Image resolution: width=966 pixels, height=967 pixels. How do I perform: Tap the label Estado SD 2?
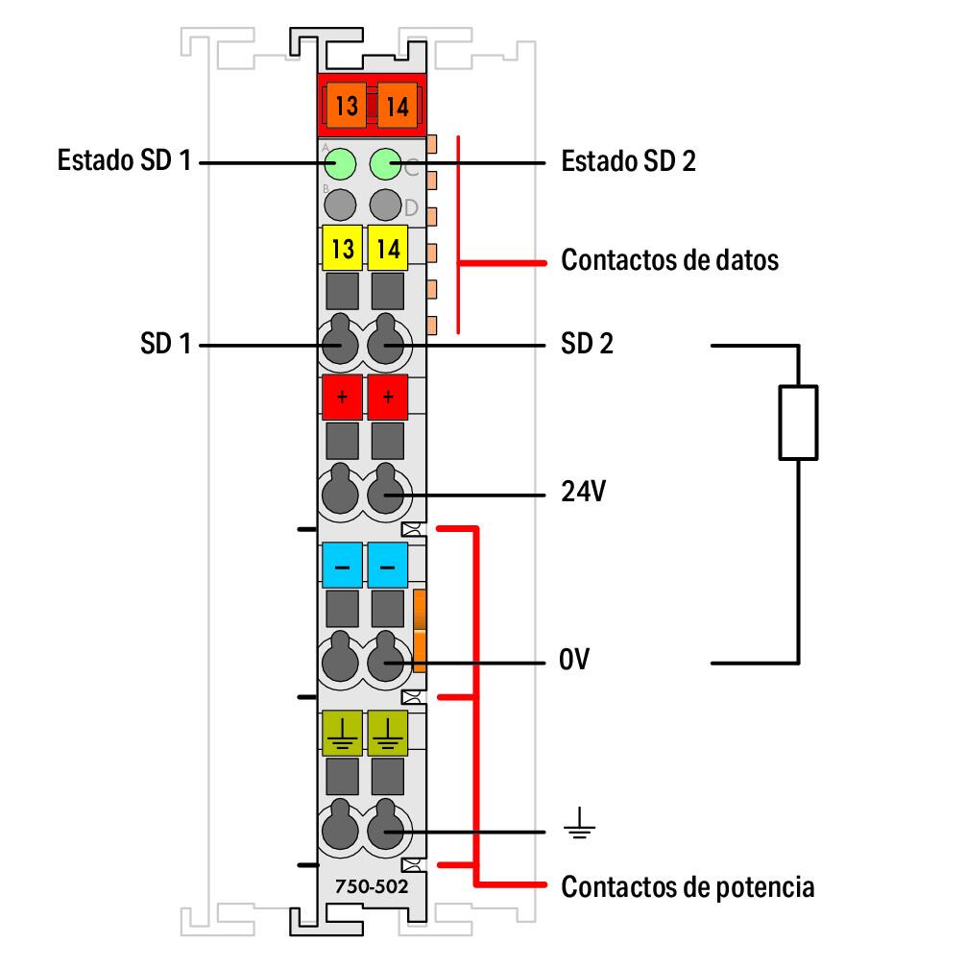629,160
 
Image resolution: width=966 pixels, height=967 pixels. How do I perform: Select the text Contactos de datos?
669,259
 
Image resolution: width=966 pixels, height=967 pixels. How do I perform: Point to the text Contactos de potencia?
688,886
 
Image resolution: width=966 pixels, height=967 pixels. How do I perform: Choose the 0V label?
576,662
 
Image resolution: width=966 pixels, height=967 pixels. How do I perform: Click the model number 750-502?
370,885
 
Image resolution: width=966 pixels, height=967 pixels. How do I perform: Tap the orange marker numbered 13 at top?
346,105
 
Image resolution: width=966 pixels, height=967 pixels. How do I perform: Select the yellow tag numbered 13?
342,249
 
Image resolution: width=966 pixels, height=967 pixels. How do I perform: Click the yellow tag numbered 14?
388,249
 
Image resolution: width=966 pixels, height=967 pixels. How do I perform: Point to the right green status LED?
385,164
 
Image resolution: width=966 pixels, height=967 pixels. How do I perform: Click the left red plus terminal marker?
342,397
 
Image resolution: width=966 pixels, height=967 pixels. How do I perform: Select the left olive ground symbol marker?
342,734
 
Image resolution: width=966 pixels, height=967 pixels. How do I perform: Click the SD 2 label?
587,344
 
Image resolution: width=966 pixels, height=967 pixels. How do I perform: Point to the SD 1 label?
165,344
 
